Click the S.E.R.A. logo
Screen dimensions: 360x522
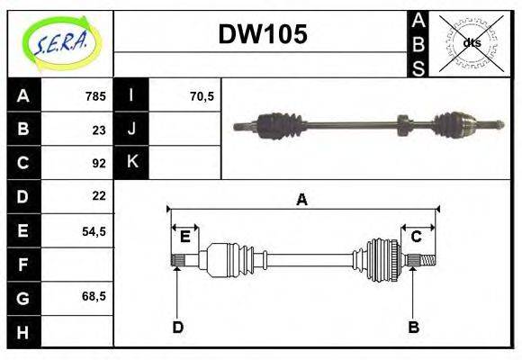[60, 43]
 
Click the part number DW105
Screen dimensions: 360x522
[263, 34]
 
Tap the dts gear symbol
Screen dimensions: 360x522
[470, 43]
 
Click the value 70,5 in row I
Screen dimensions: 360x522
[202, 96]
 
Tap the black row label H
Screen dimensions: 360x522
[22, 334]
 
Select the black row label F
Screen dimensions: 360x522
[22, 265]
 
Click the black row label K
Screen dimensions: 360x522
[132, 162]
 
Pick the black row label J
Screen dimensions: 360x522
[132, 129]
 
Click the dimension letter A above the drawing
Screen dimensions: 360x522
[302, 200]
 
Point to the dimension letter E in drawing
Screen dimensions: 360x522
[184, 237]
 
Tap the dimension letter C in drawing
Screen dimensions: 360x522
[416, 237]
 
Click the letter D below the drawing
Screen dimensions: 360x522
[178, 327]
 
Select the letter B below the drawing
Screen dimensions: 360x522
[413, 327]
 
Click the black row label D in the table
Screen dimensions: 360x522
[22, 196]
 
